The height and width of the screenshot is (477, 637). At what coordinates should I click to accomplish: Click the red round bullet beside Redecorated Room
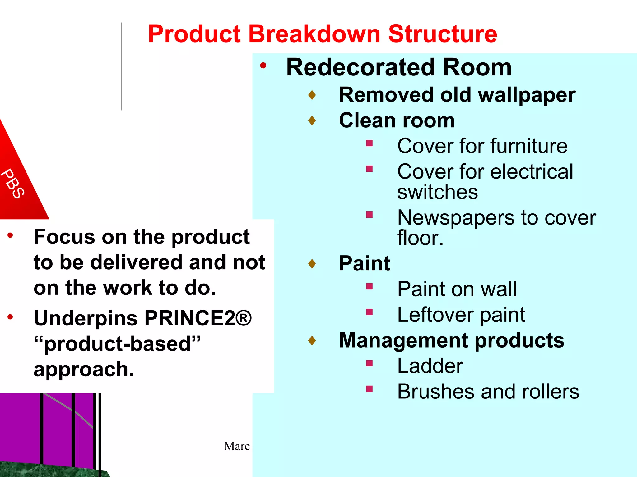pyautogui.click(x=263, y=66)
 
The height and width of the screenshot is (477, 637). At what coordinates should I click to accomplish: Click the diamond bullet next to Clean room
pyautogui.click(x=312, y=120)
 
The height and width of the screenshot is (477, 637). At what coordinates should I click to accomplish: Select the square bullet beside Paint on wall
pyautogui.click(x=369, y=286)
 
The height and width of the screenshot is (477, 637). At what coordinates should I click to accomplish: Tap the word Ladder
pyautogui.click(x=430, y=366)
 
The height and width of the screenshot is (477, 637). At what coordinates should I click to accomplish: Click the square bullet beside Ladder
pyautogui.click(x=369, y=363)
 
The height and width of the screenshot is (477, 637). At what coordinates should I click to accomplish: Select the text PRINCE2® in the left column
pyautogui.click(x=198, y=318)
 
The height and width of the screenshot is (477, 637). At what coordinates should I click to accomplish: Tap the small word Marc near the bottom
pyautogui.click(x=237, y=446)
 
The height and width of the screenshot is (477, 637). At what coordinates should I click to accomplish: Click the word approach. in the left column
pyautogui.click(x=84, y=370)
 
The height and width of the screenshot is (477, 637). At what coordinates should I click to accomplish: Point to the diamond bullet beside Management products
pyautogui.click(x=312, y=341)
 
